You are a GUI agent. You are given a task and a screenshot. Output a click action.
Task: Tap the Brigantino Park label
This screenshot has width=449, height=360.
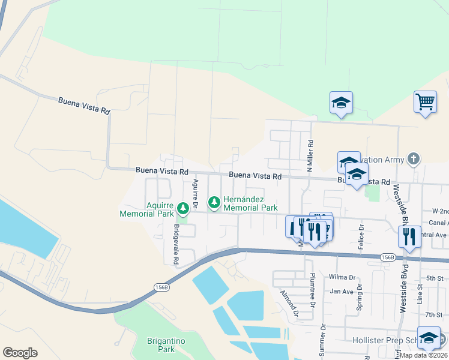[160, 345]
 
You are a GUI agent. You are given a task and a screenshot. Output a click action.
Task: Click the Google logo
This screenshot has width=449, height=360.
[20, 352]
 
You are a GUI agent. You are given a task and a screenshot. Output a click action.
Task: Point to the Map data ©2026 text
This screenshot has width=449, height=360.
[423, 355]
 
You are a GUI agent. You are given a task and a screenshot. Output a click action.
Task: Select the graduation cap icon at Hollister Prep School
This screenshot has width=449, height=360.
[429, 337]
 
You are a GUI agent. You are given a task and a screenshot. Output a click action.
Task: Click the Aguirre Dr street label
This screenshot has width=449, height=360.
[194, 192]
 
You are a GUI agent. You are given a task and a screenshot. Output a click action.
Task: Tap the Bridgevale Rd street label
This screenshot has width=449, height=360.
[176, 245]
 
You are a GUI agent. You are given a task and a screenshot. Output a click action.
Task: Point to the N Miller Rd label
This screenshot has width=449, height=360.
[310, 155]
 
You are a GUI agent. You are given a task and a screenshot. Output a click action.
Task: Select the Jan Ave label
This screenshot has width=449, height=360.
[341, 291]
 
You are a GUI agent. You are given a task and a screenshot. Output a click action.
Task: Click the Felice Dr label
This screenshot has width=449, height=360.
[361, 236]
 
